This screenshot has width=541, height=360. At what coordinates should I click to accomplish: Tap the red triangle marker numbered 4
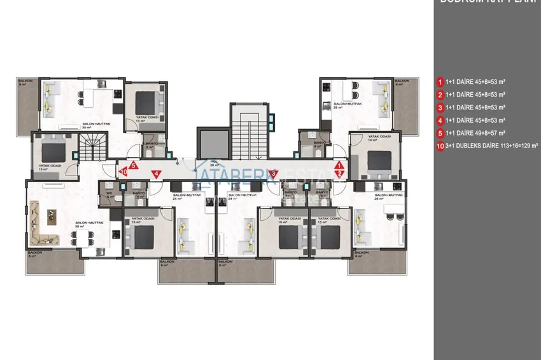[156, 173]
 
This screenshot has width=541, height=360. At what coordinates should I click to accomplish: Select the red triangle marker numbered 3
[273, 172]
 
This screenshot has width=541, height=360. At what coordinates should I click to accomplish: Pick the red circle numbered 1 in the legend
[440, 82]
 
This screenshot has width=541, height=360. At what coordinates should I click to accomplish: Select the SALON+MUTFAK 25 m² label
[348, 104]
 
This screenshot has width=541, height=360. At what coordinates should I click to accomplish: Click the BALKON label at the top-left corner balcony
[25, 82]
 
